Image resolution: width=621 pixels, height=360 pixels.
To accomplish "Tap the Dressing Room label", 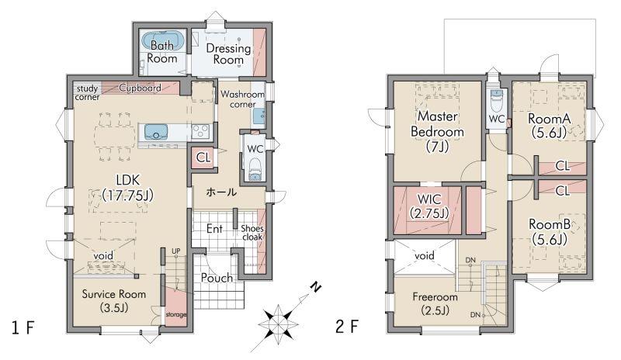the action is coord(228,54).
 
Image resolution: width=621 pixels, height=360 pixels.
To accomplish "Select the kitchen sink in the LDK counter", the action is coord(157,131).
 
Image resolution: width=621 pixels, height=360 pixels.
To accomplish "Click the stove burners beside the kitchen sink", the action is coord(200,131).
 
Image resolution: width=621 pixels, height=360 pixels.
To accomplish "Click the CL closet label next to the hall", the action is coord(203,158).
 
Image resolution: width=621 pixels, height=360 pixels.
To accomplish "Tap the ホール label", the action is coord(221,192).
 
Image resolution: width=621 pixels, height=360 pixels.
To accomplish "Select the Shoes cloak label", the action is coord(252,233).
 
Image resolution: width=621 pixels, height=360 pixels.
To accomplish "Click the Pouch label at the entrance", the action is coord(217,278).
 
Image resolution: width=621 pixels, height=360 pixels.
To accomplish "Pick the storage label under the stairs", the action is coord(176,315).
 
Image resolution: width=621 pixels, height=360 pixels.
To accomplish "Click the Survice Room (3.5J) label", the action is coord(114,300).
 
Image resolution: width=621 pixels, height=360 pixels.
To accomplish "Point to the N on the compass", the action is coord(315,287).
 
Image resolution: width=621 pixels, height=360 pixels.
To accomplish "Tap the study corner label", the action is coord(87,92).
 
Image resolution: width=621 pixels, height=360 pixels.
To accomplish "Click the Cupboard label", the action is coord(141,88).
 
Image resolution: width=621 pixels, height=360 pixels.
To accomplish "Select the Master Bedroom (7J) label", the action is coord(437,131).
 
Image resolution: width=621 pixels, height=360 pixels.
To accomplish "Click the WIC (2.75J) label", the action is coord(429,206).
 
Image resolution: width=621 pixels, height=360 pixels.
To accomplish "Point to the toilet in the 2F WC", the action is coord(496,100).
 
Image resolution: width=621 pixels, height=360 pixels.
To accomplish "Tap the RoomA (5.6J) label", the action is coord(550,126).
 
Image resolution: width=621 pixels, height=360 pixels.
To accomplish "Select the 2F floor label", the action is coord(347,327).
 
